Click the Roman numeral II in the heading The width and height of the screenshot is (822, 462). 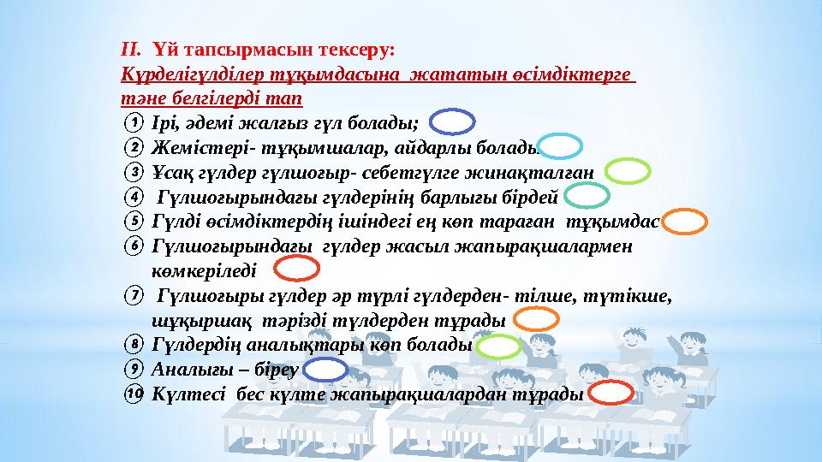tap(131, 50)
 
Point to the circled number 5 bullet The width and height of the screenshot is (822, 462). tap(133, 222)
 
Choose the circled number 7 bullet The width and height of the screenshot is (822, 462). tap(133, 296)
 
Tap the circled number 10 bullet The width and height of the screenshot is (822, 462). tap(133, 394)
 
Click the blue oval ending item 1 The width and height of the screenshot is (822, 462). tap(449, 123)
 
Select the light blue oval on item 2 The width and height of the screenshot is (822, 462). tap(562, 147)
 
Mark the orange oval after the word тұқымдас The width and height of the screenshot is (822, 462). tap(686, 222)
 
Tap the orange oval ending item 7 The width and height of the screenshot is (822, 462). tap(539, 320)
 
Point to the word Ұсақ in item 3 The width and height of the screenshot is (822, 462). tap(169, 172)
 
